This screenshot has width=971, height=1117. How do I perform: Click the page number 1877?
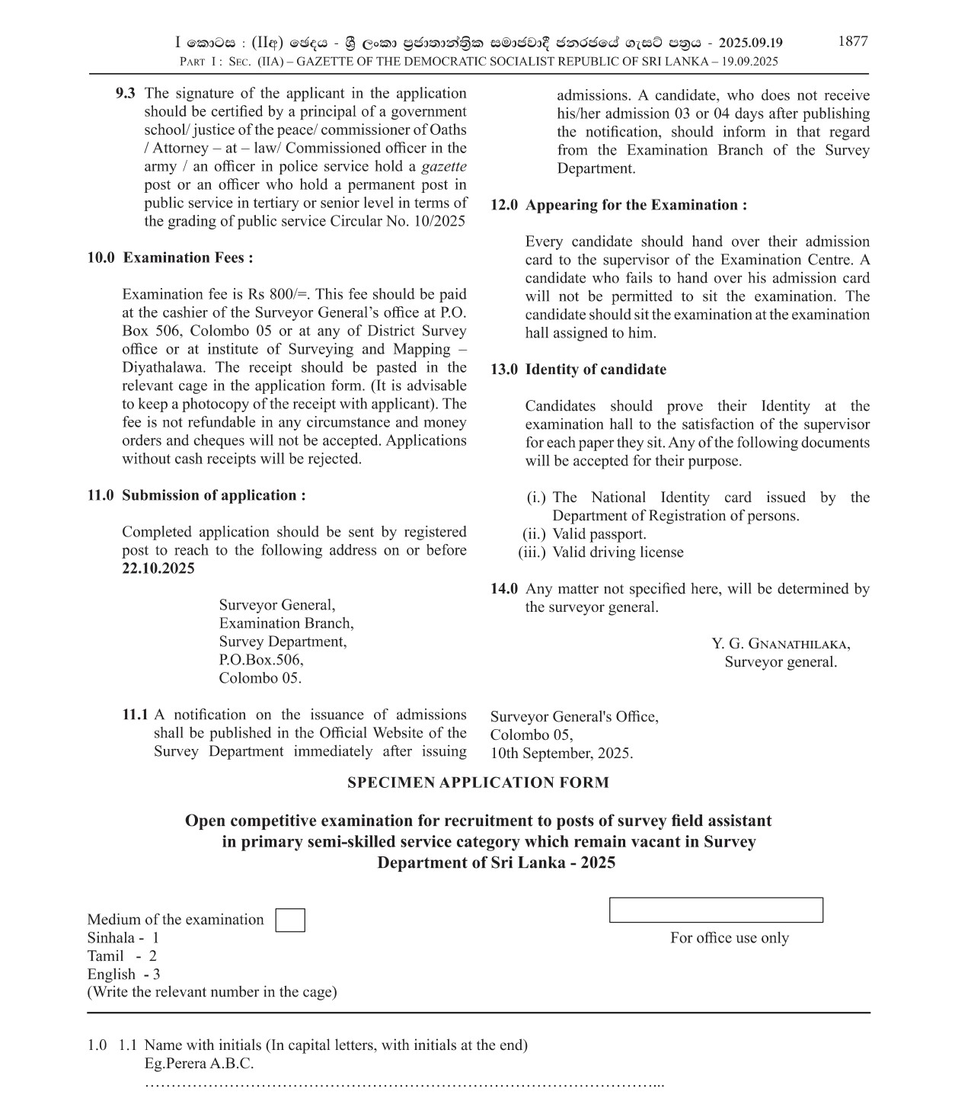(x=852, y=42)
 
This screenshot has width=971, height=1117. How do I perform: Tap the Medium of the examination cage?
(x=289, y=920)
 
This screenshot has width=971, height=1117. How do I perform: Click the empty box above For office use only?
(x=715, y=910)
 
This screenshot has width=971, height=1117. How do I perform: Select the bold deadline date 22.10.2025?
(x=158, y=568)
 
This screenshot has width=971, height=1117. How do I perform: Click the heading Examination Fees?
(x=188, y=258)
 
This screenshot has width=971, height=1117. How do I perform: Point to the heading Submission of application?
(x=213, y=495)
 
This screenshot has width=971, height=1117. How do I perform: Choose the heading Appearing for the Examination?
(x=636, y=205)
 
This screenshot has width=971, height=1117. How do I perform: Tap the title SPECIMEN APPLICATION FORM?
(x=478, y=783)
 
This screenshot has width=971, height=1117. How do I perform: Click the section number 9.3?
(x=126, y=94)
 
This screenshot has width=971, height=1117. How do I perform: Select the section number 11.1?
(x=135, y=715)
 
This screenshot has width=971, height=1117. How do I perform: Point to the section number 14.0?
(x=504, y=589)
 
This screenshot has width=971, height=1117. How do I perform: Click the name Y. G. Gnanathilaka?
(x=781, y=644)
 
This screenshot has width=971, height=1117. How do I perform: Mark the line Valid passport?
(x=599, y=534)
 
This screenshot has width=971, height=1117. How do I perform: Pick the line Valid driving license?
(x=618, y=552)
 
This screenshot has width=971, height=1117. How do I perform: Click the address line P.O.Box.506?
(x=260, y=660)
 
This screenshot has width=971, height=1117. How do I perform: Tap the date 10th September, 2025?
(x=561, y=754)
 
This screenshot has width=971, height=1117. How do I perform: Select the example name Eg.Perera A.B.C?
(x=199, y=1064)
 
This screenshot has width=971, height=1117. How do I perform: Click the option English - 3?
(x=123, y=975)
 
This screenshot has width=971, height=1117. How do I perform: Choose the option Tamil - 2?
(x=122, y=956)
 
